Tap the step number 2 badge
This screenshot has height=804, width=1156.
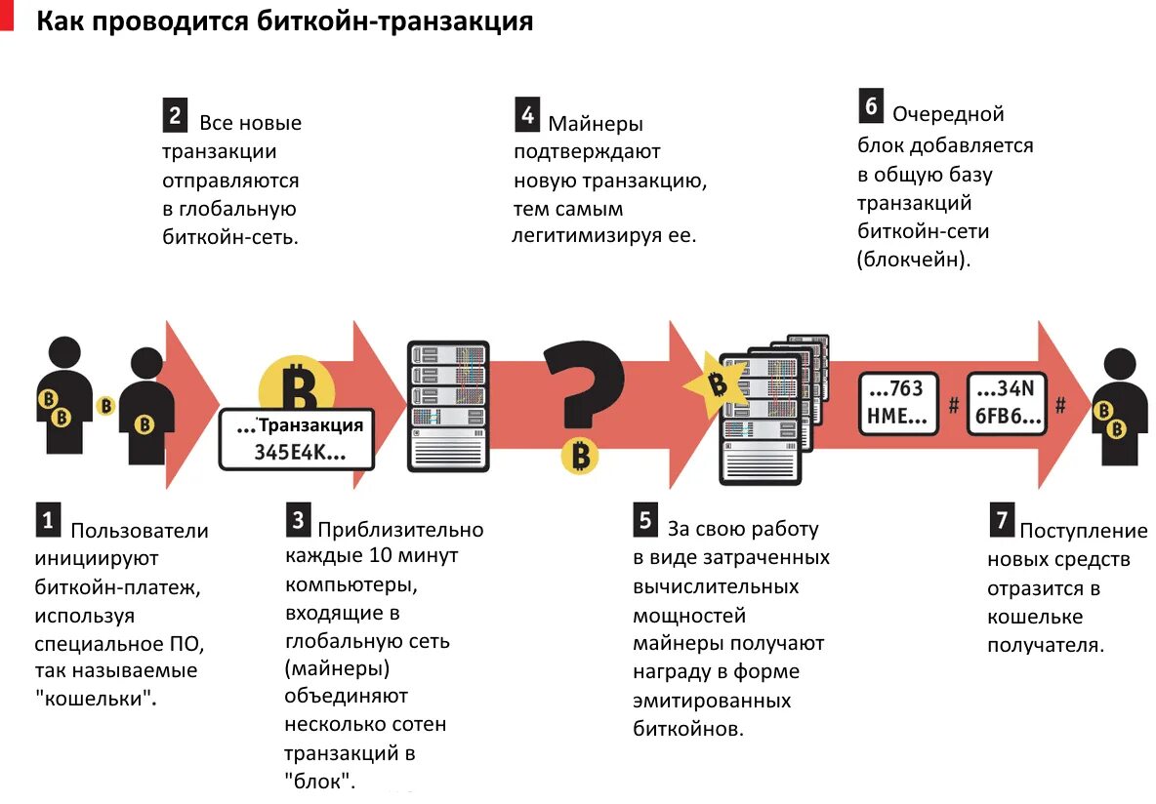175,116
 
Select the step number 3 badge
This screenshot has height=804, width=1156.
299,519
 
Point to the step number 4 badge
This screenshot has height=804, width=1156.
527,116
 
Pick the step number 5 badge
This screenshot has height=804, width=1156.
644,521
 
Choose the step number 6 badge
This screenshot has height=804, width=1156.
871,105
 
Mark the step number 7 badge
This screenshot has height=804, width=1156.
1001,520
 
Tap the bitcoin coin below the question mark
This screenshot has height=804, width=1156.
581,455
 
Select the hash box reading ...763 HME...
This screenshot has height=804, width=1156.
898,403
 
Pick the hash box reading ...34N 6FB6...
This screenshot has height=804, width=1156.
1007,403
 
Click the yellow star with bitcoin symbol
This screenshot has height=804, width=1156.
719,384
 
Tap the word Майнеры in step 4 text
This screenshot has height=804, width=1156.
596,124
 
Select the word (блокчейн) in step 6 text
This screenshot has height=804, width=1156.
913,261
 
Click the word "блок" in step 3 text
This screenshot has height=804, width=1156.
319,781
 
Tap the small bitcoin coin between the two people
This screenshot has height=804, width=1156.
105,406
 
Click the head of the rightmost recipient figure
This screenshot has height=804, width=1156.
1119,366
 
